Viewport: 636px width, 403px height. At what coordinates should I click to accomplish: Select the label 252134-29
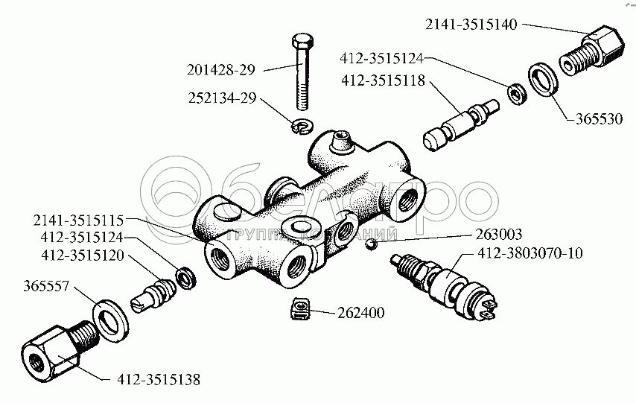221,98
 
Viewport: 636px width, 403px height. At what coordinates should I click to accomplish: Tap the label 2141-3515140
471,24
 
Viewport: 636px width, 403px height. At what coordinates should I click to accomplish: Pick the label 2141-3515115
80,220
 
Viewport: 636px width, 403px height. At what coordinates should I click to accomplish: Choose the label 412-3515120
79,256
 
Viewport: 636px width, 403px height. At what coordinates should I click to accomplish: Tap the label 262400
360,313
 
